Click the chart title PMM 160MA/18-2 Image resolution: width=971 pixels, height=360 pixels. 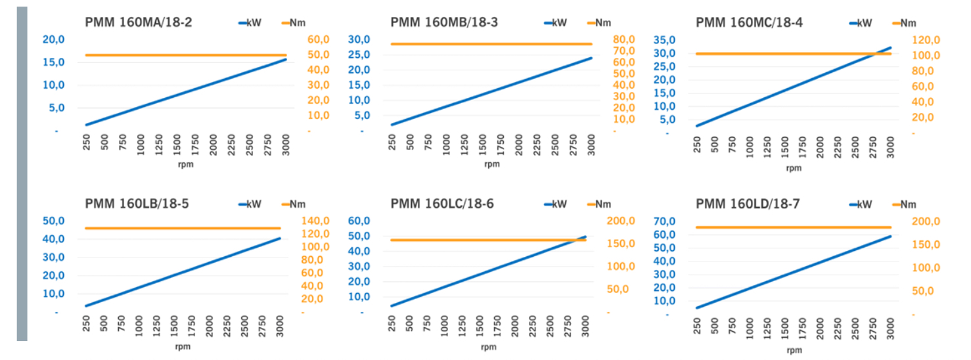(x=138, y=22)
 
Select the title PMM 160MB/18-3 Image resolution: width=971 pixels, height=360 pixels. (x=444, y=22)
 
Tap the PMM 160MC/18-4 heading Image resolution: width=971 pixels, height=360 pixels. (x=749, y=22)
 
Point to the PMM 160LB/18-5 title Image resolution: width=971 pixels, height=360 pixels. (x=137, y=204)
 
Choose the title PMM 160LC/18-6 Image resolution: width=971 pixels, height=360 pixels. (x=442, y=204)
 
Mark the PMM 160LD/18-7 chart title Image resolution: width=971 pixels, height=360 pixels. (x=748, y=204)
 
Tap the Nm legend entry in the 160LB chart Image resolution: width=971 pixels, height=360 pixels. (x=298, y=204)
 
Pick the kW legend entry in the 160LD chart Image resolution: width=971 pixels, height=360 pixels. (x=864, y=204)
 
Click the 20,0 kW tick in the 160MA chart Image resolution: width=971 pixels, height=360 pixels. (x=54, y=39)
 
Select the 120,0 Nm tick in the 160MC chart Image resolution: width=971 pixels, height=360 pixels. (x=926, y=40)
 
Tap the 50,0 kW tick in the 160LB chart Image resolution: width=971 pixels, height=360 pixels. (x=54, y=221)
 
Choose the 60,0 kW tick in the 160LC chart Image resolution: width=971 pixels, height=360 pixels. (x=359, y=221)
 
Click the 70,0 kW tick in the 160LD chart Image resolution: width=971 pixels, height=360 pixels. (x=665, y=221)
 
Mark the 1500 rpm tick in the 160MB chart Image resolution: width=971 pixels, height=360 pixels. (x=483, y=143)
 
